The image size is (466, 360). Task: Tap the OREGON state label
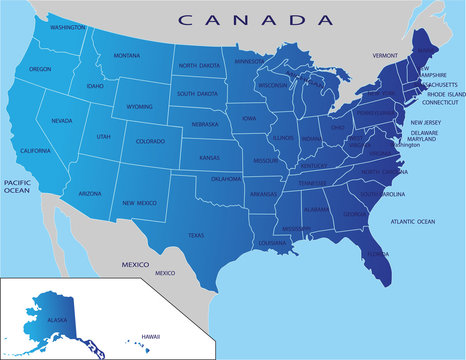(x=40, y=69)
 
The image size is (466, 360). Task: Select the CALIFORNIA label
(x=34, y=150)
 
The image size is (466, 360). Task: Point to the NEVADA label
(x=62, y=120)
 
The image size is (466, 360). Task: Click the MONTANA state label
(x=126, y=56)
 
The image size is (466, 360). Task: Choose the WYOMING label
(x=140, y=105)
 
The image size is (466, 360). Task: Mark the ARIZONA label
(x=89, y=192)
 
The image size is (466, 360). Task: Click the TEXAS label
(x=195, y=235)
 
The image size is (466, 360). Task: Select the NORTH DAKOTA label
(x=200, y=66)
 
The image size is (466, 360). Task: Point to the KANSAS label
(x=209, y=158)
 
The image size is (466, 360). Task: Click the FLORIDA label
(x=377, y=253)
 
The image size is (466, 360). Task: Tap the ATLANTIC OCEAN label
(x=413, y=220)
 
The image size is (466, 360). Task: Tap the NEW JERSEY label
(x=426, y=122)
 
